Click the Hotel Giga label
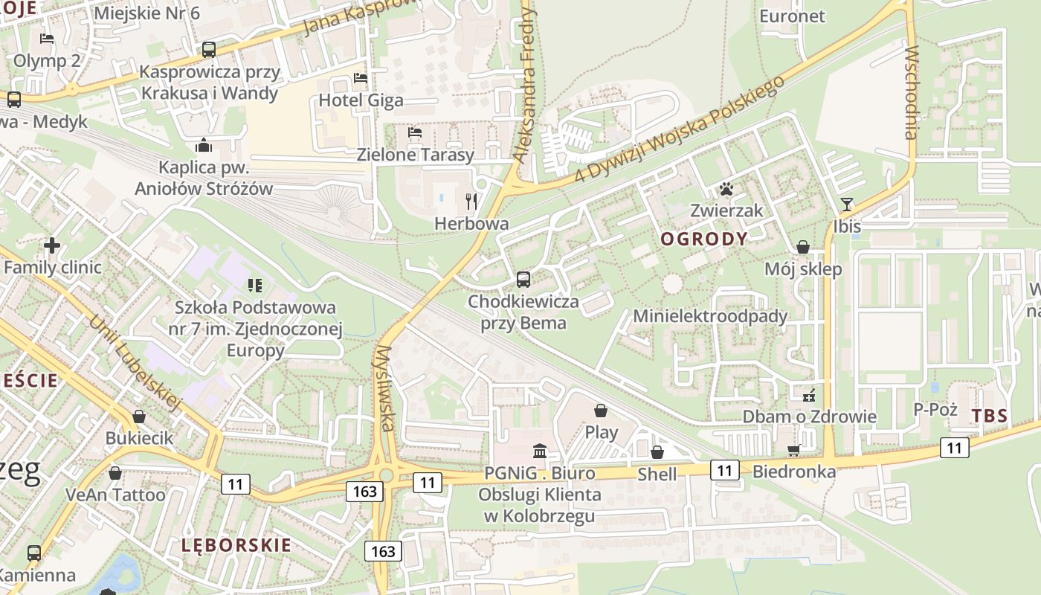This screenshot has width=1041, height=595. point(361,100)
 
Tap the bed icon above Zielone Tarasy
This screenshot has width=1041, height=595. point(415,132)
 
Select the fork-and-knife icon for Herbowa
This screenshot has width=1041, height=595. point(471,201)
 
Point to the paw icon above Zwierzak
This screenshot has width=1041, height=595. point(726,189)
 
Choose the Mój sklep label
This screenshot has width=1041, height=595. point(803,269)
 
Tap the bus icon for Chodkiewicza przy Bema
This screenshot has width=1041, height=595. point(523,280)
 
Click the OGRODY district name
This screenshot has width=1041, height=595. point(703,239)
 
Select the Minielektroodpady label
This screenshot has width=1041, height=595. point(709,316)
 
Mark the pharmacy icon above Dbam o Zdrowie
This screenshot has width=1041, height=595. point(809,395)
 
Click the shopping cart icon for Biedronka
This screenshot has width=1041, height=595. point(794,450)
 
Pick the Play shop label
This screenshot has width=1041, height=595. point(602,432)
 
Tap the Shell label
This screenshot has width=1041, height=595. point(657,475)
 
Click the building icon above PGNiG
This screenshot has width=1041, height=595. point(540,451)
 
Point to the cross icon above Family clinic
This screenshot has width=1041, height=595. point(52,245)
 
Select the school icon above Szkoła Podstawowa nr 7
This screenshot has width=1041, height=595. point(255,285)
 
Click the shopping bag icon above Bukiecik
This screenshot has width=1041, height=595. point(139,416)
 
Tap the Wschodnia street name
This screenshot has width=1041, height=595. point(911,93)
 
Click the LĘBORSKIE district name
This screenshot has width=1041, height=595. point(236,545)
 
